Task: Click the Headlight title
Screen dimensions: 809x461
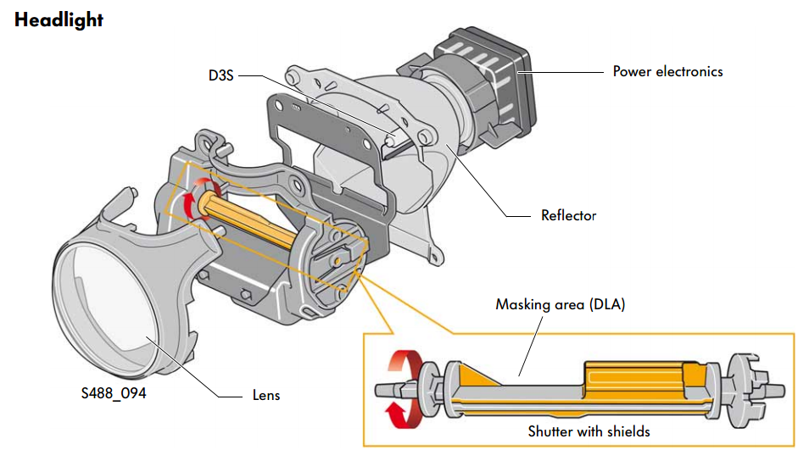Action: tap(59, 20)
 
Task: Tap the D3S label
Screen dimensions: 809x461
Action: tap(220, 75)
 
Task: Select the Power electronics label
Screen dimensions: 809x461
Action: tap(667, 72)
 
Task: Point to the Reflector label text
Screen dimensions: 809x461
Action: tap(568, 215)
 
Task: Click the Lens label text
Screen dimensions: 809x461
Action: tap(266, 396)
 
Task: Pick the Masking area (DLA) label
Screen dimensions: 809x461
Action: tap(561, 304)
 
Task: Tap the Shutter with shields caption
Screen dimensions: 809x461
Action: tap(589, 431)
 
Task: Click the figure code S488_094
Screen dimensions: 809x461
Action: tap(114, 393)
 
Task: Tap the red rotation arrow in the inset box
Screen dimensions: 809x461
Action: tap(405, 389)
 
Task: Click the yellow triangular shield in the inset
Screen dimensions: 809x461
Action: tap(478, 375)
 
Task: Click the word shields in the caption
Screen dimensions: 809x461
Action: tap(628, 431)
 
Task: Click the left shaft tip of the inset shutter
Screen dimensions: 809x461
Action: tap(380, 391)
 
